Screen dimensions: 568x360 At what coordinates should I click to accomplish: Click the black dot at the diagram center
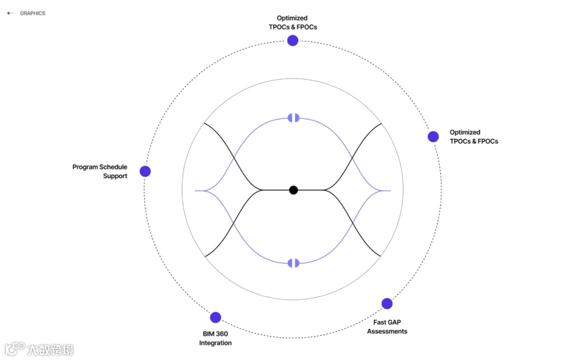tap(293, 190)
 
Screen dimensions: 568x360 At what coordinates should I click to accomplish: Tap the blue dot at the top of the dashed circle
tap(293, 41)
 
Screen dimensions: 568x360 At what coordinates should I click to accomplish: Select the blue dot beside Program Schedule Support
tap(145, 171)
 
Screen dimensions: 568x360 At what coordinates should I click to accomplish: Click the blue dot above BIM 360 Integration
tap(216, 317)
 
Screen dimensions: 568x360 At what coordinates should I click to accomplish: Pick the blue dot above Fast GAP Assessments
tap(387, 304)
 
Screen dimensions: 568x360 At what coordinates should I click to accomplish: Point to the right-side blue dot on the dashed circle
tap(433, 137)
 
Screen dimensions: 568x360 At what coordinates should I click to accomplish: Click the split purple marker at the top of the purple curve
tap(293, 117)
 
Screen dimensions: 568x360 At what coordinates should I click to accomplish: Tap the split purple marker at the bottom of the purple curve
tap(293, 263)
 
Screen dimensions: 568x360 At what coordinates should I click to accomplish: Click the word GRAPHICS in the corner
tap(33, 13)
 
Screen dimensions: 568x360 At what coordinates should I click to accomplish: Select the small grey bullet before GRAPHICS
tap(8, 13)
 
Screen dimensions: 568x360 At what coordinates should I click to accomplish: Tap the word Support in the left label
tap(115, 176)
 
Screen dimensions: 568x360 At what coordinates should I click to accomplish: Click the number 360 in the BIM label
tap(221, 334)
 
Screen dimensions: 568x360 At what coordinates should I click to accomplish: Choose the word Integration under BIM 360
tap(215, 343)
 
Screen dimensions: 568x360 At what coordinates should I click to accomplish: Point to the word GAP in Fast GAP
tap(395, 322)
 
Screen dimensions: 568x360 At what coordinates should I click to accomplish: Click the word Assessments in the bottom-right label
tap(387, 332)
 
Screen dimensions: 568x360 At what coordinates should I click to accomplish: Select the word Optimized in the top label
tap(292, 18)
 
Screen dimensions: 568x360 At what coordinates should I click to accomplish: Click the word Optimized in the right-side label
tap(465, 133)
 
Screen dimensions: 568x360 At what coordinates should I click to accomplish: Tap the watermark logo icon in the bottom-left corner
tap(15, 348)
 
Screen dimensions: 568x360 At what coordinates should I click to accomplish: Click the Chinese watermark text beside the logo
tap(50, 349)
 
